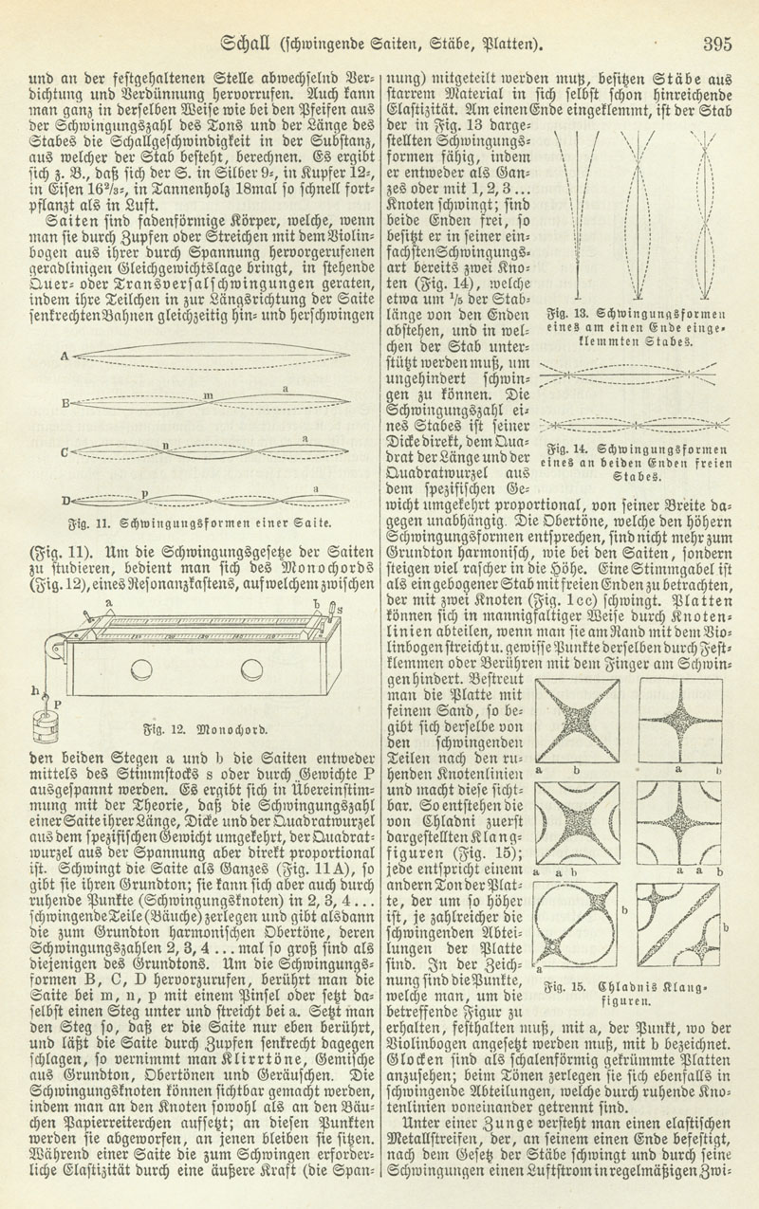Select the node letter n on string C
(165, 444)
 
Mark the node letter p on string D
(144, 493)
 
